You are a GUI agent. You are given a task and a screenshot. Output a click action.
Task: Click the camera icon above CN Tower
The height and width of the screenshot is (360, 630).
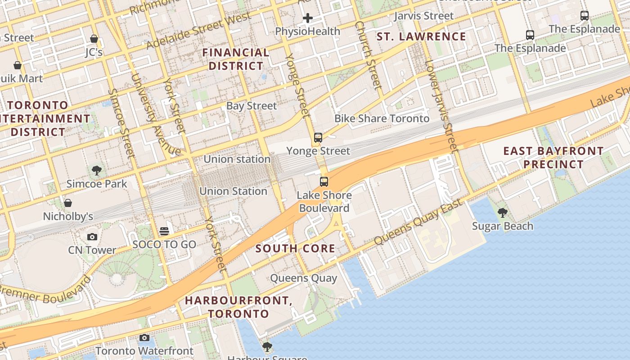point(92,237)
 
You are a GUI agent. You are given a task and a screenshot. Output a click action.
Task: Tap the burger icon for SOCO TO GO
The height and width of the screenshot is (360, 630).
point(164,231)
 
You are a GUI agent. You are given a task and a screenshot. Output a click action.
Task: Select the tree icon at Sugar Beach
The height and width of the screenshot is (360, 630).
point(502,212)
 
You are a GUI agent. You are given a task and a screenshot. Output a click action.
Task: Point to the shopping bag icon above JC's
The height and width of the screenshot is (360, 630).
point(94,39)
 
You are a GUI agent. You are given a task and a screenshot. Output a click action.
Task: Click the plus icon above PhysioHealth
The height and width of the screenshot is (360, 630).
point(308,18)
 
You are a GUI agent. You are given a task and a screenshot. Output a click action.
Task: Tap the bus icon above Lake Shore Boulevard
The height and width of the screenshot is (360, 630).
point(324,182)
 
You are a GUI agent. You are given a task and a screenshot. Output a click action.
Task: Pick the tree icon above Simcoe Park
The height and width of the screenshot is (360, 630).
point(96,170)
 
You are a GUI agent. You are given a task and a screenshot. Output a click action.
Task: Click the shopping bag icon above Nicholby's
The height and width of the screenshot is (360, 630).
point(68,203)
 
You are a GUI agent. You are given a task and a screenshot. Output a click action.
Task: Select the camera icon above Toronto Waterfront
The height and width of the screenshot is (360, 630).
point(144,337)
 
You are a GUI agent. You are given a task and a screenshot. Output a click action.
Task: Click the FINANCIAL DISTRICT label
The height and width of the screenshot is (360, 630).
point(236,59)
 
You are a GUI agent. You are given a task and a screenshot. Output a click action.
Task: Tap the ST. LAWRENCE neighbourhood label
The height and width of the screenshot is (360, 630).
point(421,36)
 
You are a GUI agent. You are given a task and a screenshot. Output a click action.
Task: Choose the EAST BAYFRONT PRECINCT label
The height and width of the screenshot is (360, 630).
point(553,157)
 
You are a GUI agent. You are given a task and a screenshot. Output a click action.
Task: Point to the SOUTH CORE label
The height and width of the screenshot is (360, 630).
point(295,248)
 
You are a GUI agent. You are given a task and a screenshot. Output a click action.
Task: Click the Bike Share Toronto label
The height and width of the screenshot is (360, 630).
point(382,118)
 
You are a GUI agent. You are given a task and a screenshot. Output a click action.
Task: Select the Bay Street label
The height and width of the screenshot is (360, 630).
point(252,106)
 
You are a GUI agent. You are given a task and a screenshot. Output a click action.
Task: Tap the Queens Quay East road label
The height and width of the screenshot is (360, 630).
point(418,222)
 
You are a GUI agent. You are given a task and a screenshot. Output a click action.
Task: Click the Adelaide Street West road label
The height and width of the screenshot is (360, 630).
point(198,31)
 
